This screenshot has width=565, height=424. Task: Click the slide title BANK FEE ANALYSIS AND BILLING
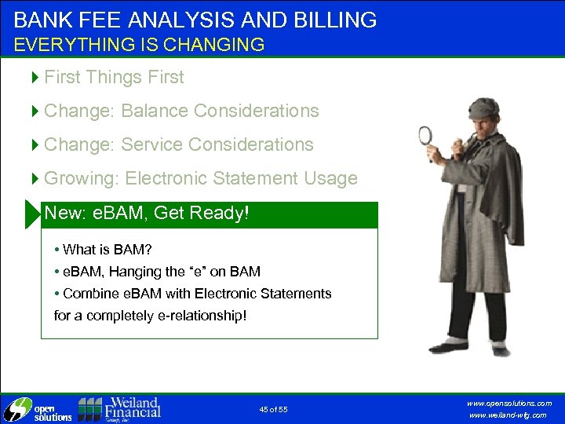(x=195, y=19)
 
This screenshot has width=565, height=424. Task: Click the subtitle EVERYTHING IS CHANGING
(x=139, y=45)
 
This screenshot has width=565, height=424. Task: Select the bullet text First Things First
(x=114, y=77)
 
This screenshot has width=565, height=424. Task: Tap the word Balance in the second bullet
(x=155, y=111)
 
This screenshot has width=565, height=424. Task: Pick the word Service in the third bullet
(x=149, y=144)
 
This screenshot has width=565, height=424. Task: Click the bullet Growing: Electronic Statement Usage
(x=200, y=178)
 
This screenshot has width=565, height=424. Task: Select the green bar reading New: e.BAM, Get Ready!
(x=209, y=214)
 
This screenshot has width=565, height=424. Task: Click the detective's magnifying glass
(x=425, y=135)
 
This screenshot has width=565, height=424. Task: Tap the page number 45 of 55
(x=273, y=410)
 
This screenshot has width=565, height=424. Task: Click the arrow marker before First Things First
(x=35, y=77)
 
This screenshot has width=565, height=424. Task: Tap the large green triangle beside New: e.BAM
(x=31, y=214)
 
